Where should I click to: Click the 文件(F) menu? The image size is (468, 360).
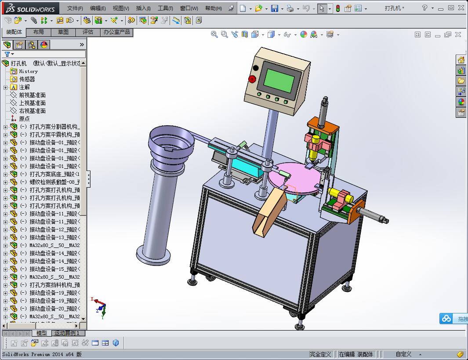[x=75, y=8]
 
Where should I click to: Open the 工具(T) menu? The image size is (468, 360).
[x=165, y=8]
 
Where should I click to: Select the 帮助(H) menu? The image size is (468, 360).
[x=214, y=8]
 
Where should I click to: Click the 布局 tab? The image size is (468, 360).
[x=39, y=32]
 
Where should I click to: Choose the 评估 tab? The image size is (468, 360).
[x=88, y=32]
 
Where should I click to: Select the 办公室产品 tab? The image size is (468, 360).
[x=116, y=32]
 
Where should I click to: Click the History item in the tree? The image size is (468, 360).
[x=28, y=71]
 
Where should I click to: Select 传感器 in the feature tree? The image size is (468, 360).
[x=27, y=79]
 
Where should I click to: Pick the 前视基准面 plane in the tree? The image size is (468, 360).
[x=32, y=95]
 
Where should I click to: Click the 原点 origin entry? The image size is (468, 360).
[x=24, y=119]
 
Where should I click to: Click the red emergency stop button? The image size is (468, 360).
[x=252, y=79]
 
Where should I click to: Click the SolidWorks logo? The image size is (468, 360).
[x=30, y=8]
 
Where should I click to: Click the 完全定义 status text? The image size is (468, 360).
[x=320, y=354]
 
